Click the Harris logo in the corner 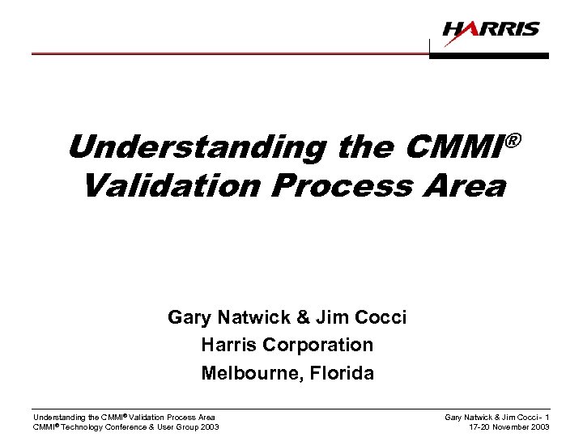[x=491, y=30]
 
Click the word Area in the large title [x=468, y=186]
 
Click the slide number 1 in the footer [x=547, y=417]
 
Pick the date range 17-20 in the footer [x=480, y=427]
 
